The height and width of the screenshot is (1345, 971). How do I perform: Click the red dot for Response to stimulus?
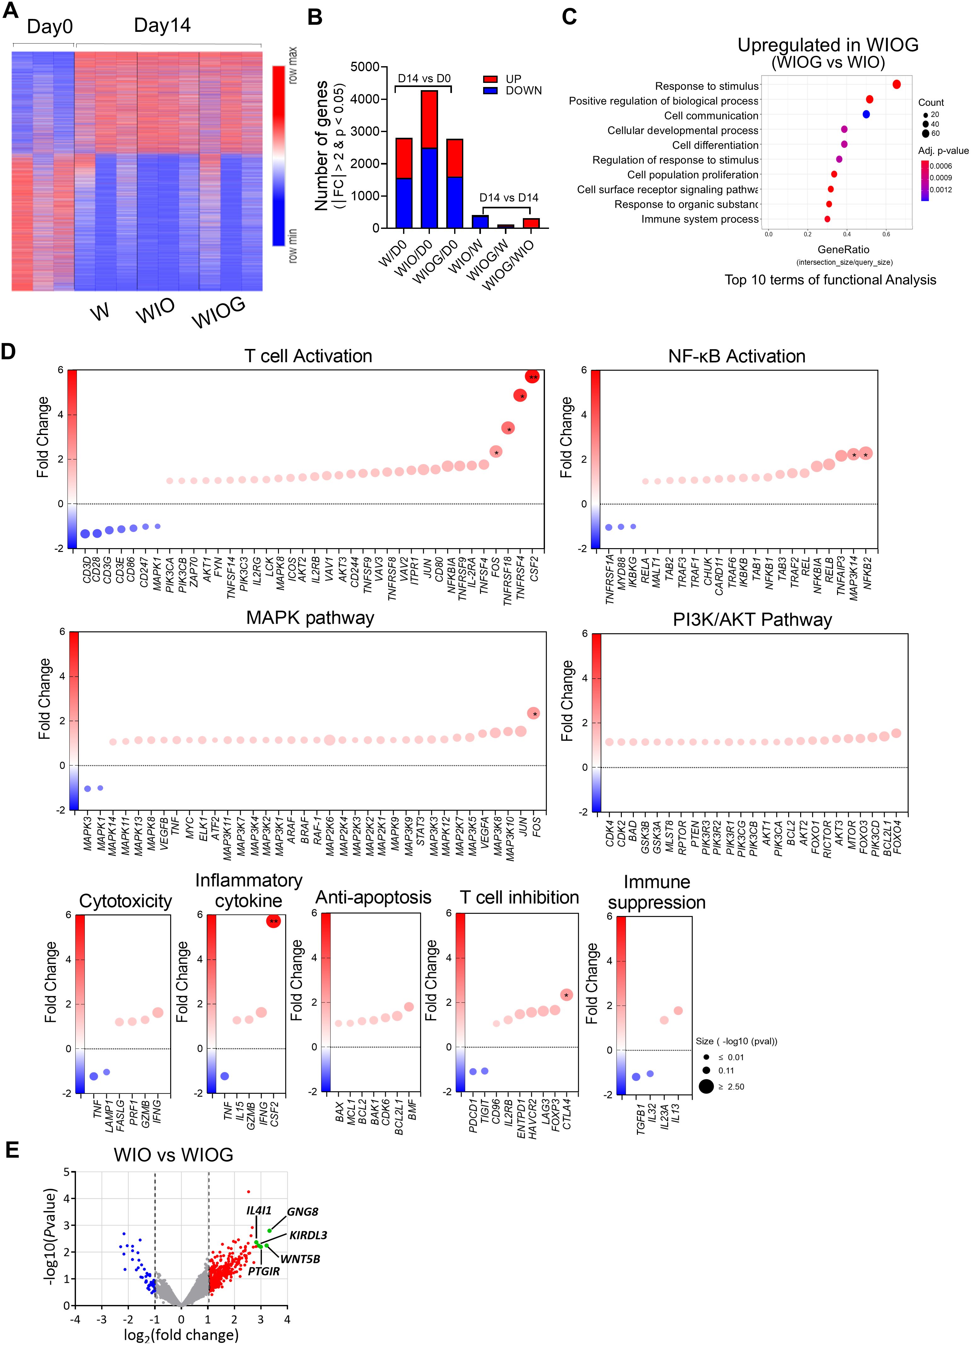click(896, 85)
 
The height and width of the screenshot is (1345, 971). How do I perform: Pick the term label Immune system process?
click(700, 219)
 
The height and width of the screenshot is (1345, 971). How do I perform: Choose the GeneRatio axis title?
click(844, 250)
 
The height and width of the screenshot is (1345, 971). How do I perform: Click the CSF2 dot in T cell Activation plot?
click(532, 377)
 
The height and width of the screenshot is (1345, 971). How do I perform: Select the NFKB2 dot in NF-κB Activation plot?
click(865, 454)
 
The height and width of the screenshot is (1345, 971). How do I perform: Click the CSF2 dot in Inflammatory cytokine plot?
click(273, 921)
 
